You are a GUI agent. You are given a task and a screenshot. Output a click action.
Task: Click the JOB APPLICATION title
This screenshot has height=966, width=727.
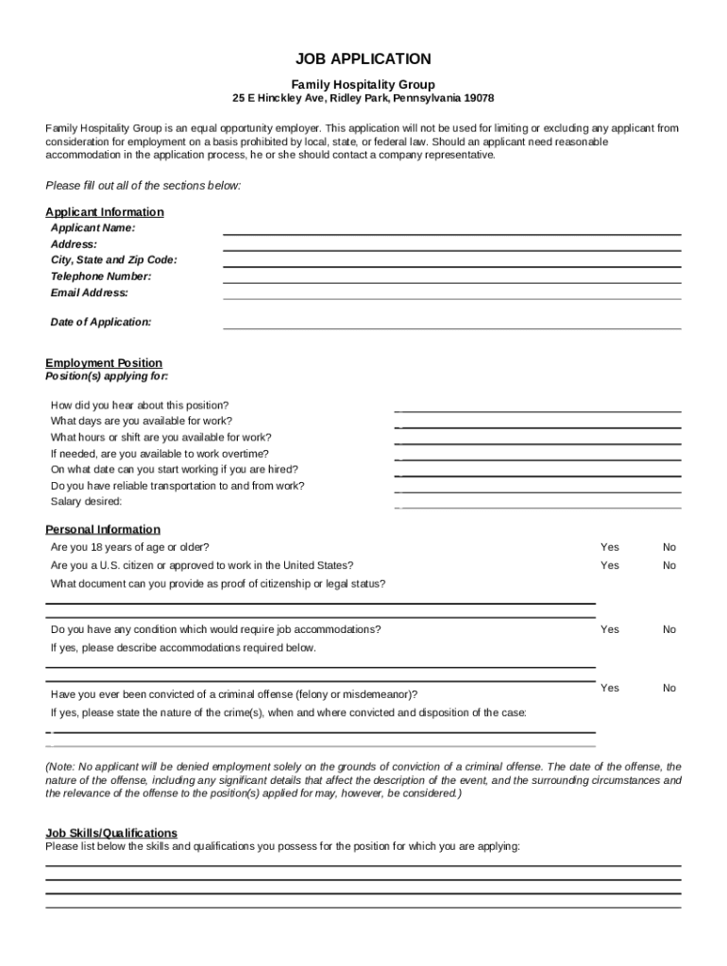(x=363, y=58)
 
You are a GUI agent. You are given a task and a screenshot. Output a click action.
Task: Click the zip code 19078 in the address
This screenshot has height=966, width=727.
(x=478, y=99)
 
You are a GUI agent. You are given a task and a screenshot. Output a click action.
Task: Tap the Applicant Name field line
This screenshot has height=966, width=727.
(x=451, y=234)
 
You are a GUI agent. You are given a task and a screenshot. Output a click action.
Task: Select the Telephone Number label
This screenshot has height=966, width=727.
(x=100, y=276)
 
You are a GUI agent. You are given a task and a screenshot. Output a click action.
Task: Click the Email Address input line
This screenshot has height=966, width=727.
(x=451, y=298)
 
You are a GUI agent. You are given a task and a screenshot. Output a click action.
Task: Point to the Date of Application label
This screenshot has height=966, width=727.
(x=100, y=322)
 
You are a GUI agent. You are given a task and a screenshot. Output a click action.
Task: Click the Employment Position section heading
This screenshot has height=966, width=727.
(x=104, y=363)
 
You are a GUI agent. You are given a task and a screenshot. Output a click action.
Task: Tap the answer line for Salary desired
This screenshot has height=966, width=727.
(x=538, y=508)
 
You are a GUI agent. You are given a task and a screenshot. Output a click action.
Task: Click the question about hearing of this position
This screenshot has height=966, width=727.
(x=140, y=405)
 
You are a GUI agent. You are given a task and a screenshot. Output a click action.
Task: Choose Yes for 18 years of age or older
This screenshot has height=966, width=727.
(x=610, y=547)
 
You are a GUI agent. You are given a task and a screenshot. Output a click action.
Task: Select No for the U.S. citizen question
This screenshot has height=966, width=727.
(x=669, y=565)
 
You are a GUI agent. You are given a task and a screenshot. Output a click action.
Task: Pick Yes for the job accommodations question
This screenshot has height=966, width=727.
(x=610, y=629)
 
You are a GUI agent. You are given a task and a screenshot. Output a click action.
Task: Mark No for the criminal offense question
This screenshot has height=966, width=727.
(x=669, y=688)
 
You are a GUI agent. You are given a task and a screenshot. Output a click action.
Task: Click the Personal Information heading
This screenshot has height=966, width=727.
(x=103, y=529)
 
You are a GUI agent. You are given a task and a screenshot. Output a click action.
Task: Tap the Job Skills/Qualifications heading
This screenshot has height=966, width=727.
(x=111, y=833)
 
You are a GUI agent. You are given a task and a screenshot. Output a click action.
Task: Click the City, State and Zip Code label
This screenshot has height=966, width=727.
(x=113, y=259)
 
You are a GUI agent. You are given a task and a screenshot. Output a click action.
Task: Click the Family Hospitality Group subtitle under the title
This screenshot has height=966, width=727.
(x=363, y=84)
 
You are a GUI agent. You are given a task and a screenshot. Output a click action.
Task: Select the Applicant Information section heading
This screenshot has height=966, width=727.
(x=105, y=212)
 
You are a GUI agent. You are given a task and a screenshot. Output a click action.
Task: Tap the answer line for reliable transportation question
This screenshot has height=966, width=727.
(x=538, y=491)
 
